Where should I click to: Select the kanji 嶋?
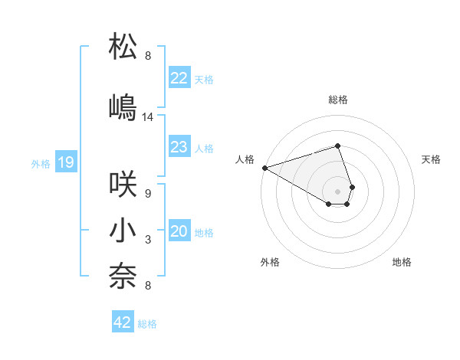tap(123, 106)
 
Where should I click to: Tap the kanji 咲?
tap(123, 184)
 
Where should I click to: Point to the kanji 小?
tap(123, 231)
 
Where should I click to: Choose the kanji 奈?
tap(123, 277)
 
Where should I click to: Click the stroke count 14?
tap(148, 117)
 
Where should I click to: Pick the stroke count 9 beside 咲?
tap(148, 194)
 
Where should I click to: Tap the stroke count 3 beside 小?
tap(148, 241)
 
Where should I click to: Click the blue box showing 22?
tap(179, 78)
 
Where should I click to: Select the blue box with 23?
tap(179, 147)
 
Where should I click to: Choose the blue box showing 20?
tap(179, 232)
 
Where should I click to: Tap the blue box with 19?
tap(65, 162)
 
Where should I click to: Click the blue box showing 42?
tap(123, 322)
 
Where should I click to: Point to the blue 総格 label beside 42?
tap(147, 324)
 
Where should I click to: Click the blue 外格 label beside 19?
tap(41, 163)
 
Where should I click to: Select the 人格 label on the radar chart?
tap(245, 159)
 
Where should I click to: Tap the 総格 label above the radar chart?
tap(337, 100)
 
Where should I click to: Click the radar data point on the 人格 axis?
tap(264, 167)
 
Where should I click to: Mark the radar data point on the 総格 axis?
tap(337, 146)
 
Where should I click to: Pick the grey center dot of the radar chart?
tap(337, 191)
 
